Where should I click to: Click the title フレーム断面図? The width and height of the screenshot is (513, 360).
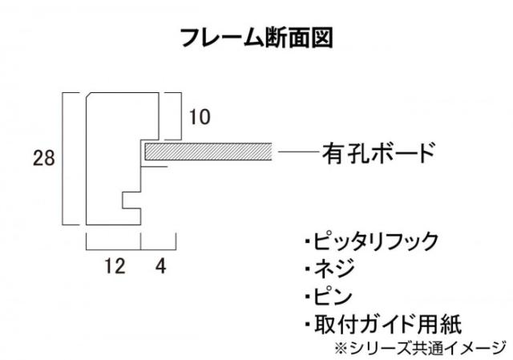click(256, 38)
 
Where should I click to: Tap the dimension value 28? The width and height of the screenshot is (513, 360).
click(44, 158)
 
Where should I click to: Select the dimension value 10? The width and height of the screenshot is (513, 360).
click(200, 117)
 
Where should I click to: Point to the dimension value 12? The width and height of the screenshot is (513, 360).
click(115, 265)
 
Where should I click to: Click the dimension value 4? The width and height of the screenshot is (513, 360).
click(160, 265)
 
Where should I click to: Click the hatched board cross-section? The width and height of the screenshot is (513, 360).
click(208, 152)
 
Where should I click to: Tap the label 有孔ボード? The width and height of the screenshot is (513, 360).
click(378, 152)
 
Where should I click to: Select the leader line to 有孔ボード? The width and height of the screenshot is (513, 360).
click(298, 152)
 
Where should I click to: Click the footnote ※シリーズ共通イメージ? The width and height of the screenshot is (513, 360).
click(420, 348)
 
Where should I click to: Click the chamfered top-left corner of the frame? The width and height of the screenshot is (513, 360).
click(89, 95)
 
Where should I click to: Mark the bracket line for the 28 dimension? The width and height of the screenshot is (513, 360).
click(63, 159)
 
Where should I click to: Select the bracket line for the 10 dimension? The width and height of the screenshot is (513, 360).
click(181, 116)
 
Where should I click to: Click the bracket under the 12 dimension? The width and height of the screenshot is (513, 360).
click(113, 249)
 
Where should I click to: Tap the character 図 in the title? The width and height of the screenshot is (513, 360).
click(322, 38)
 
